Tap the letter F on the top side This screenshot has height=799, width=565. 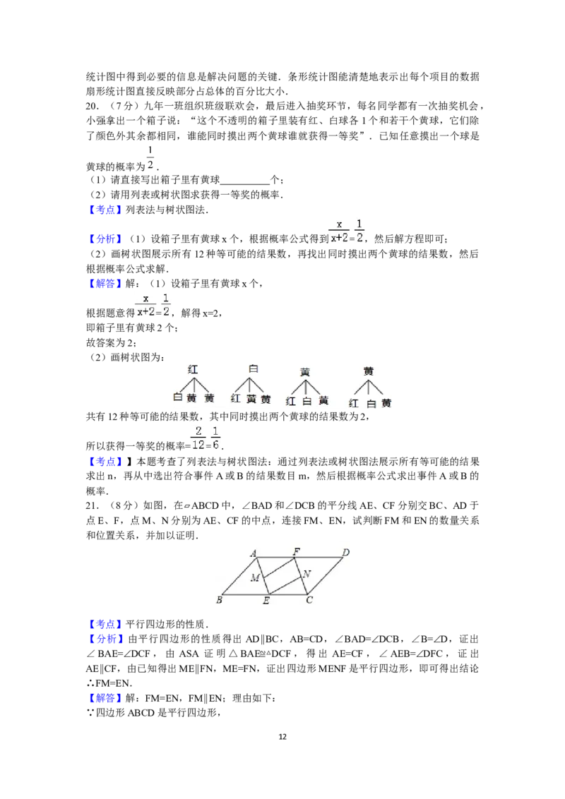point(295,551)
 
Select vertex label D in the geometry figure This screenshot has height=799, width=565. point(345,552)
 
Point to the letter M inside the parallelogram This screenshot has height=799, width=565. point(255,578)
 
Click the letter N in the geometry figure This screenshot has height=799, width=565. point(307,574)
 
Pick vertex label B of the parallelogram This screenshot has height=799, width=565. point(220,600)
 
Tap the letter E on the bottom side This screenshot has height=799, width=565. point(266,601)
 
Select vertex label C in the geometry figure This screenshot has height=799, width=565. point(309,601)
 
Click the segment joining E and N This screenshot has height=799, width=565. point(285,586)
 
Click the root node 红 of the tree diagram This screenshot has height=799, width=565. point(193,369)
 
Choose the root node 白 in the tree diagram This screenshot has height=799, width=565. point(254,368)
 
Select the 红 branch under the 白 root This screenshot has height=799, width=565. point(236,399)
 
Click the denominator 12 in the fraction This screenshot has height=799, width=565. point(198,445)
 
